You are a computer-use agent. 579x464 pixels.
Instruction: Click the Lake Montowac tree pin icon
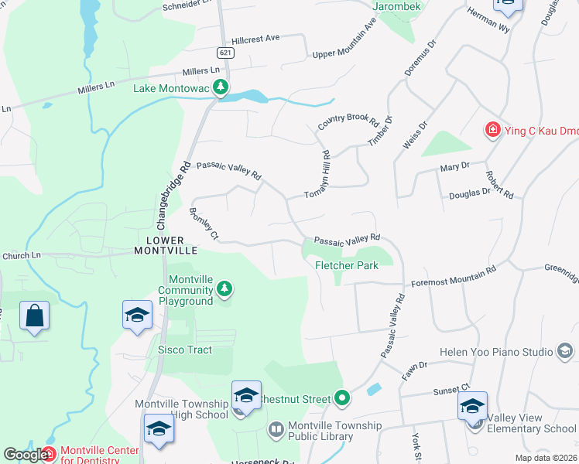click(x=221, y=87)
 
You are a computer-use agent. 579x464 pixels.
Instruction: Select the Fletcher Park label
click(x=346, y=265)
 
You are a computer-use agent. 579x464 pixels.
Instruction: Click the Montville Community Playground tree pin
click(x=224, y=289)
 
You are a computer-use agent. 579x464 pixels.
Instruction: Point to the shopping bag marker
click(x=35, y=316)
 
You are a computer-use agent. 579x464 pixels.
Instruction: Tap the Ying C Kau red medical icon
click(x=492, y=129)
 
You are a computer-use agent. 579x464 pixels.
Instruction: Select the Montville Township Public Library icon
click(x=276, y=428)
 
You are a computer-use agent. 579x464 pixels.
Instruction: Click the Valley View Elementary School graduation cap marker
click(x=473, y=405)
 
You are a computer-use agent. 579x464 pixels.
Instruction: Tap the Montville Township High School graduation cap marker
click(x=246, y=395)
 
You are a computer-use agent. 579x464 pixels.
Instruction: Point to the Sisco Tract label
click(x=185, y=350)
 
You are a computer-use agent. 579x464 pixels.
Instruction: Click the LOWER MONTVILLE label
click(x=166, y=244)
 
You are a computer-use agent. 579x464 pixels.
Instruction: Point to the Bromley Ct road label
click(x=204, y=223)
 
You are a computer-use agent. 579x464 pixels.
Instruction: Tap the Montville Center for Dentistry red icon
click(x=48, y=453)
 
